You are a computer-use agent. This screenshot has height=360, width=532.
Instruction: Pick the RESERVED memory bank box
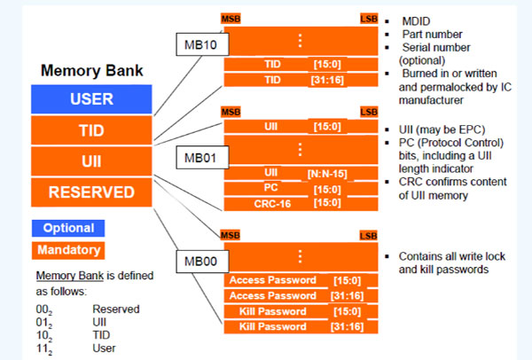(91, 192)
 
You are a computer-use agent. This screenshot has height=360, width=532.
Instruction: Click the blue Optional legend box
(68, 228)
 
